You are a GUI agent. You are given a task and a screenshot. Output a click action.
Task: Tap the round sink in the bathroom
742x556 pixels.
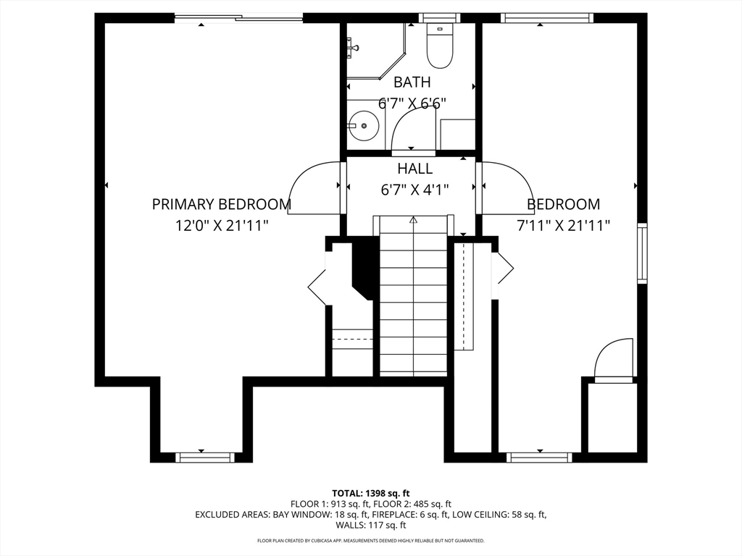point(364,126)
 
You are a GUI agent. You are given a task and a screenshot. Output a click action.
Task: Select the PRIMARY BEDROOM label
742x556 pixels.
point(222,204)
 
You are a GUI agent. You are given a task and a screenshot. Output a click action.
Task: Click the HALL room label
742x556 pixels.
point(414,168)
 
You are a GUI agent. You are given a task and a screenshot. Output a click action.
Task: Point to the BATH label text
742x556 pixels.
point(412,83)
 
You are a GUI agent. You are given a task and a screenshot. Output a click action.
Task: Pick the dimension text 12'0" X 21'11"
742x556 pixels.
point(222,226)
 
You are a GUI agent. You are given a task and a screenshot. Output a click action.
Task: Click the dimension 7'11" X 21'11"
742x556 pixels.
point(562,226)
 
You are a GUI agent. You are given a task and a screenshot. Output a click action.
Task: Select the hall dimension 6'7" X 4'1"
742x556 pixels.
point(414,190)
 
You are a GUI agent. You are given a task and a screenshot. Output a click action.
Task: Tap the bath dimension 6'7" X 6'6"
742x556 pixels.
point(412,103)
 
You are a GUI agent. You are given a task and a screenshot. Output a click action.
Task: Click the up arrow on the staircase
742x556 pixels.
point(413,219)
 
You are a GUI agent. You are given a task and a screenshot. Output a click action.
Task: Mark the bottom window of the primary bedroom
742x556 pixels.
point(205,458)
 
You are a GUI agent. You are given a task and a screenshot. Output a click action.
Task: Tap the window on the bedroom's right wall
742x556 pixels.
point(642,253)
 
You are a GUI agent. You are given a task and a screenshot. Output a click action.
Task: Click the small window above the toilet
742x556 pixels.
point(440,18)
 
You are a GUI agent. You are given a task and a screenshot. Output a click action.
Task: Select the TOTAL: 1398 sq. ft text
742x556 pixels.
point(370,494)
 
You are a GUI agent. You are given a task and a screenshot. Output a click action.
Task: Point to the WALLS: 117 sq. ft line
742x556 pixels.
point(371,525)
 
